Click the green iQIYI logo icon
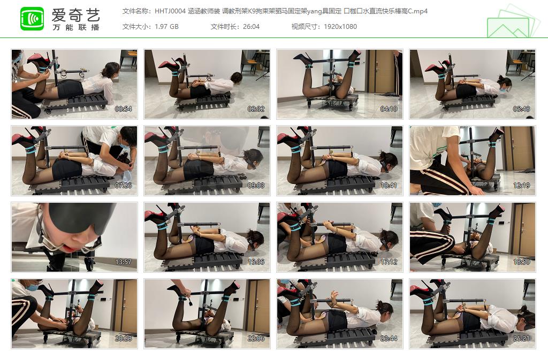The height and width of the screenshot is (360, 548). tap(32, 19)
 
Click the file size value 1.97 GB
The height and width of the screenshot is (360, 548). tap(166, 26)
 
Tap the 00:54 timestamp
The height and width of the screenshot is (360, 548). tap(123, 109)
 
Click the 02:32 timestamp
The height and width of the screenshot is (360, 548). tap(256, 109)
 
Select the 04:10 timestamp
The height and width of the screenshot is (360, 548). tap(389, 109)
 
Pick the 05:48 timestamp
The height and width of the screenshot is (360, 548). tap(521, 109)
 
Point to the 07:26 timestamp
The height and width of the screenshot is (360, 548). tap(123, 186)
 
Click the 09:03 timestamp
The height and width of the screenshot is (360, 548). tap(256, 186)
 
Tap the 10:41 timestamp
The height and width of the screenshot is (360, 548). tap(389, 186)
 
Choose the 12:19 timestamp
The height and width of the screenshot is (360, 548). tap(521, 186)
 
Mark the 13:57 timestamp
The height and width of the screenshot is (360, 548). tap(123, 262)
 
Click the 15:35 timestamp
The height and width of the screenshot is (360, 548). tap(256, 262)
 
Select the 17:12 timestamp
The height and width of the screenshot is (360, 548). tap(389, 262)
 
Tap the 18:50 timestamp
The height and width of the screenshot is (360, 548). tap(521, 262)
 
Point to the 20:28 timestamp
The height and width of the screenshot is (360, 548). tap(123, 339)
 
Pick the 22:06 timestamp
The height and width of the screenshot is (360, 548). tap(256, 339)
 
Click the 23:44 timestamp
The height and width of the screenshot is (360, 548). tap(389, 339)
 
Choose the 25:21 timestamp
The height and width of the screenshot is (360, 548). tap(521, 339)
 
